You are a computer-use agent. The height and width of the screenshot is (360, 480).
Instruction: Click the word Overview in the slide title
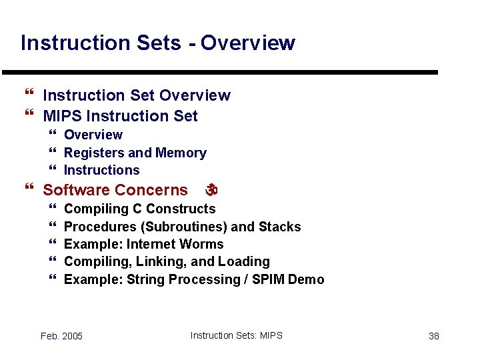247,43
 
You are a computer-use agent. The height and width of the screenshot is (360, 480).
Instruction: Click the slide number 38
433,336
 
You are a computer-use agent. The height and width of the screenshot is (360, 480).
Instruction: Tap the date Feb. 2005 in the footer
61,336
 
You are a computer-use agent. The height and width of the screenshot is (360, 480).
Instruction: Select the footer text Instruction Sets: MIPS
236,335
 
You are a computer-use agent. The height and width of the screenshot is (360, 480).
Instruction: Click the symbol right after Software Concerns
211,190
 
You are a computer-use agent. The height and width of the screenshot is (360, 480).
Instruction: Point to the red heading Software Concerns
115,190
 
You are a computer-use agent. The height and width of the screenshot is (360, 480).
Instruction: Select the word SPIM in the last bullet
271,279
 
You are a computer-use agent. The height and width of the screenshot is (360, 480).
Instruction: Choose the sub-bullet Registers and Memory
135,153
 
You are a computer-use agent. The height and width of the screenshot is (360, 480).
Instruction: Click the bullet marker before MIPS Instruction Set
28,115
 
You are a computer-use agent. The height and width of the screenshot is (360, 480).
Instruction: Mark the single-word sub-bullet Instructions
101,170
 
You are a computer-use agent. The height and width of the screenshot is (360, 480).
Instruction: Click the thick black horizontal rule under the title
220,72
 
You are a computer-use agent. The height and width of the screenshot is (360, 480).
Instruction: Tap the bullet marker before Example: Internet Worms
53,244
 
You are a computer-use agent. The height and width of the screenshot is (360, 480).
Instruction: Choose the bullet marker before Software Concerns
28,189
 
